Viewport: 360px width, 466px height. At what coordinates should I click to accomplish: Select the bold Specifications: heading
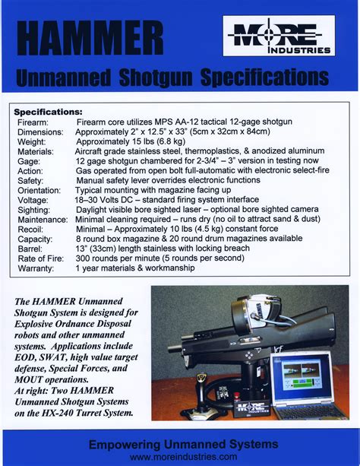49,112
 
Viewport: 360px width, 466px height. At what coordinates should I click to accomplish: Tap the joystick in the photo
201,388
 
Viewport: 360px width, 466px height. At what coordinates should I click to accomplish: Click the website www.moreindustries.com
183,456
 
